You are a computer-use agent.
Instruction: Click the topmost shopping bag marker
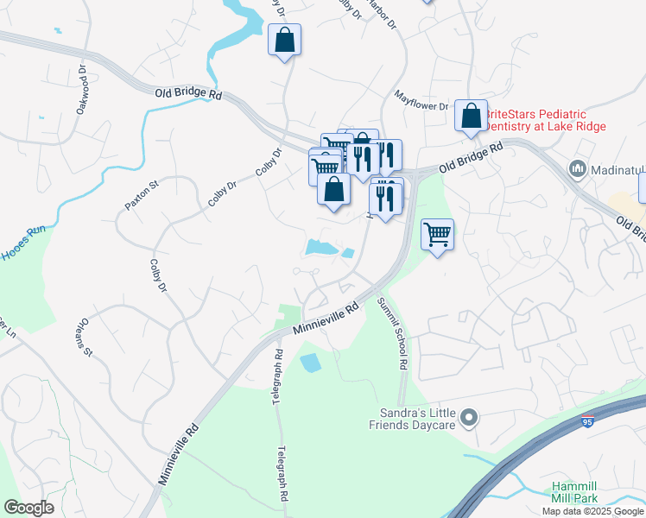284,41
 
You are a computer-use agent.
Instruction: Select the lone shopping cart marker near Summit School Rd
437,234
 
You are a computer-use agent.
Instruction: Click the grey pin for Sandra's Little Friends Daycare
469,419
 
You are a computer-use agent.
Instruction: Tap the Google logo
28,508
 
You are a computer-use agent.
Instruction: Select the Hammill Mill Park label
580,493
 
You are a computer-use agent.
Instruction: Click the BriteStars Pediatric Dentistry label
544,120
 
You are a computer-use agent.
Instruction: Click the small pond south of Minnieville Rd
310,363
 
